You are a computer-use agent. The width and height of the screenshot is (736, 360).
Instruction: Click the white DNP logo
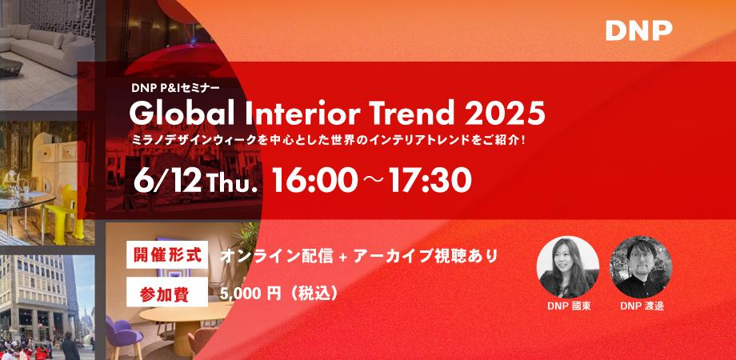click(639, 31)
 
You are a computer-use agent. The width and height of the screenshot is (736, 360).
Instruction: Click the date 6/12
click(167, 181)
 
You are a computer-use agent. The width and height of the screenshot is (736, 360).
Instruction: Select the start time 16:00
click(314, 181)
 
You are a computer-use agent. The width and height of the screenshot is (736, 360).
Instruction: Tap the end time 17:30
click(430, 181)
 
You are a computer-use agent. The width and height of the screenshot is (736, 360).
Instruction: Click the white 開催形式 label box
click(167, 254)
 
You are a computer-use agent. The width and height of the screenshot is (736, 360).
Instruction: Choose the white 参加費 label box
click(167, 292)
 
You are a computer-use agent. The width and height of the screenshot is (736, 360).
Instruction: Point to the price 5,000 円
click(250, 294)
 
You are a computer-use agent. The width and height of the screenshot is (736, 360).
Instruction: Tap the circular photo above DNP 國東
click(568, 266)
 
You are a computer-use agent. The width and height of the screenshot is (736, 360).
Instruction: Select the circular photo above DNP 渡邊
click(641, 266)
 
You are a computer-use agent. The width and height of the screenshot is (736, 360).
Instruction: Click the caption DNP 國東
click(569, 306)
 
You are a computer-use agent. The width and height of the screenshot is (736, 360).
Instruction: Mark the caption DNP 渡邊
click(642, 306)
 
